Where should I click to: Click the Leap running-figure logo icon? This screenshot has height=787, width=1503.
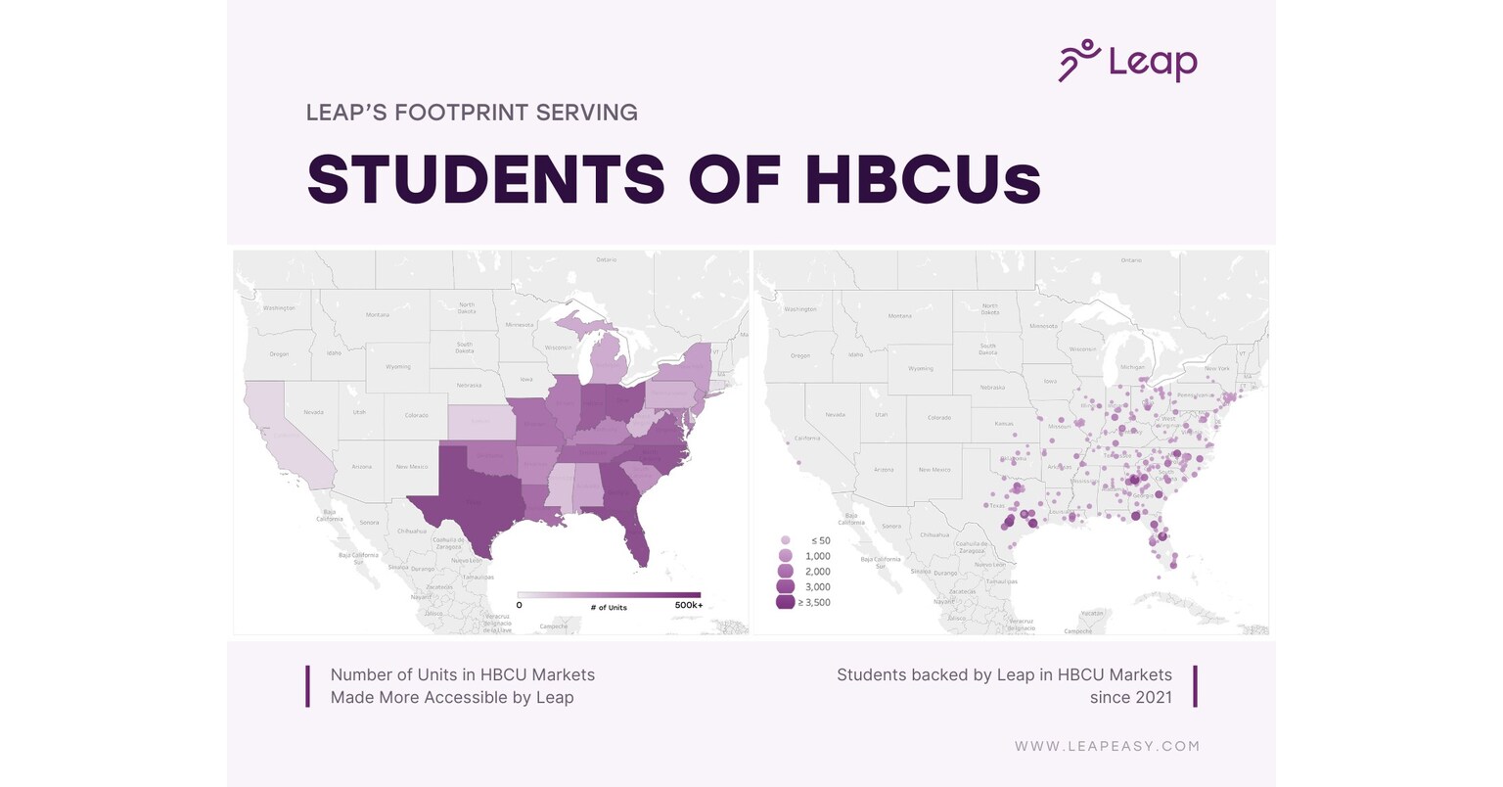pyautogui.click(x=1079, y=60)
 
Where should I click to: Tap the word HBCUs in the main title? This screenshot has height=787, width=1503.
pyautogui.click(x=923, y=180)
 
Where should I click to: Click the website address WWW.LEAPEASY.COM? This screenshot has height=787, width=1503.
pyautogui.click(x=1107, y=746)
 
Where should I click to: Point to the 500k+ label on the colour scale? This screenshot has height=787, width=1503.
pyautogui.click(x=688, y=606)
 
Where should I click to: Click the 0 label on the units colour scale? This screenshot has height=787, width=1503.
pyautogui.click(x=519, y=606)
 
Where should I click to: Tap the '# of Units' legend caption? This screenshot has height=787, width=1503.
pyautogui.click(x=609, y=607)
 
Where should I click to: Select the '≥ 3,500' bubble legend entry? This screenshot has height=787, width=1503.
pyautogui.click(x=814, y=602)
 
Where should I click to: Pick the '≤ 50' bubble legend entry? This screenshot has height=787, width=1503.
pyautogui.click(x=820, y=540)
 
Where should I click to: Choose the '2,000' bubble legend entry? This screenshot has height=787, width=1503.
pyautogui.click(x=817, y=571)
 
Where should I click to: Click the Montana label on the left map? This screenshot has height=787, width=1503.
pyautogui.click(x=378, y=314)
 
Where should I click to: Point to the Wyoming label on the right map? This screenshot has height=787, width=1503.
pyautogui.click(x=920, y=369)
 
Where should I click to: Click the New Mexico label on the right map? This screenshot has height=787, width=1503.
pyautogui.click(x=934, y=469)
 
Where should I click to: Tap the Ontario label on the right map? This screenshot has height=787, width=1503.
pyautogui.click(x=1130, y=260)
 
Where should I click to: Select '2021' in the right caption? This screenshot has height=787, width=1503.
pyautogui.click(x=1151, y=698)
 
